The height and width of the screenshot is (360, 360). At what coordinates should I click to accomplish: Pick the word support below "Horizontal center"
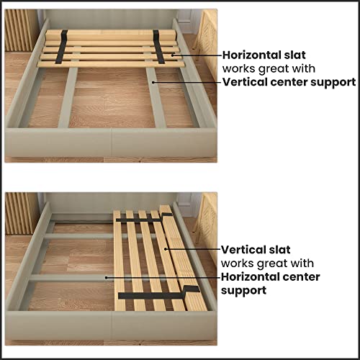pos(244,289)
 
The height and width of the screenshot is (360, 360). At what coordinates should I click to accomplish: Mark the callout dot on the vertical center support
pos(153,81)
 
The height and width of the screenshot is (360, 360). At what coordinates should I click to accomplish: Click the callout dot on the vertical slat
pos(166,248)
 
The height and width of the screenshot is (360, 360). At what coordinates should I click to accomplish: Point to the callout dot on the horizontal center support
pos(106,276)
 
